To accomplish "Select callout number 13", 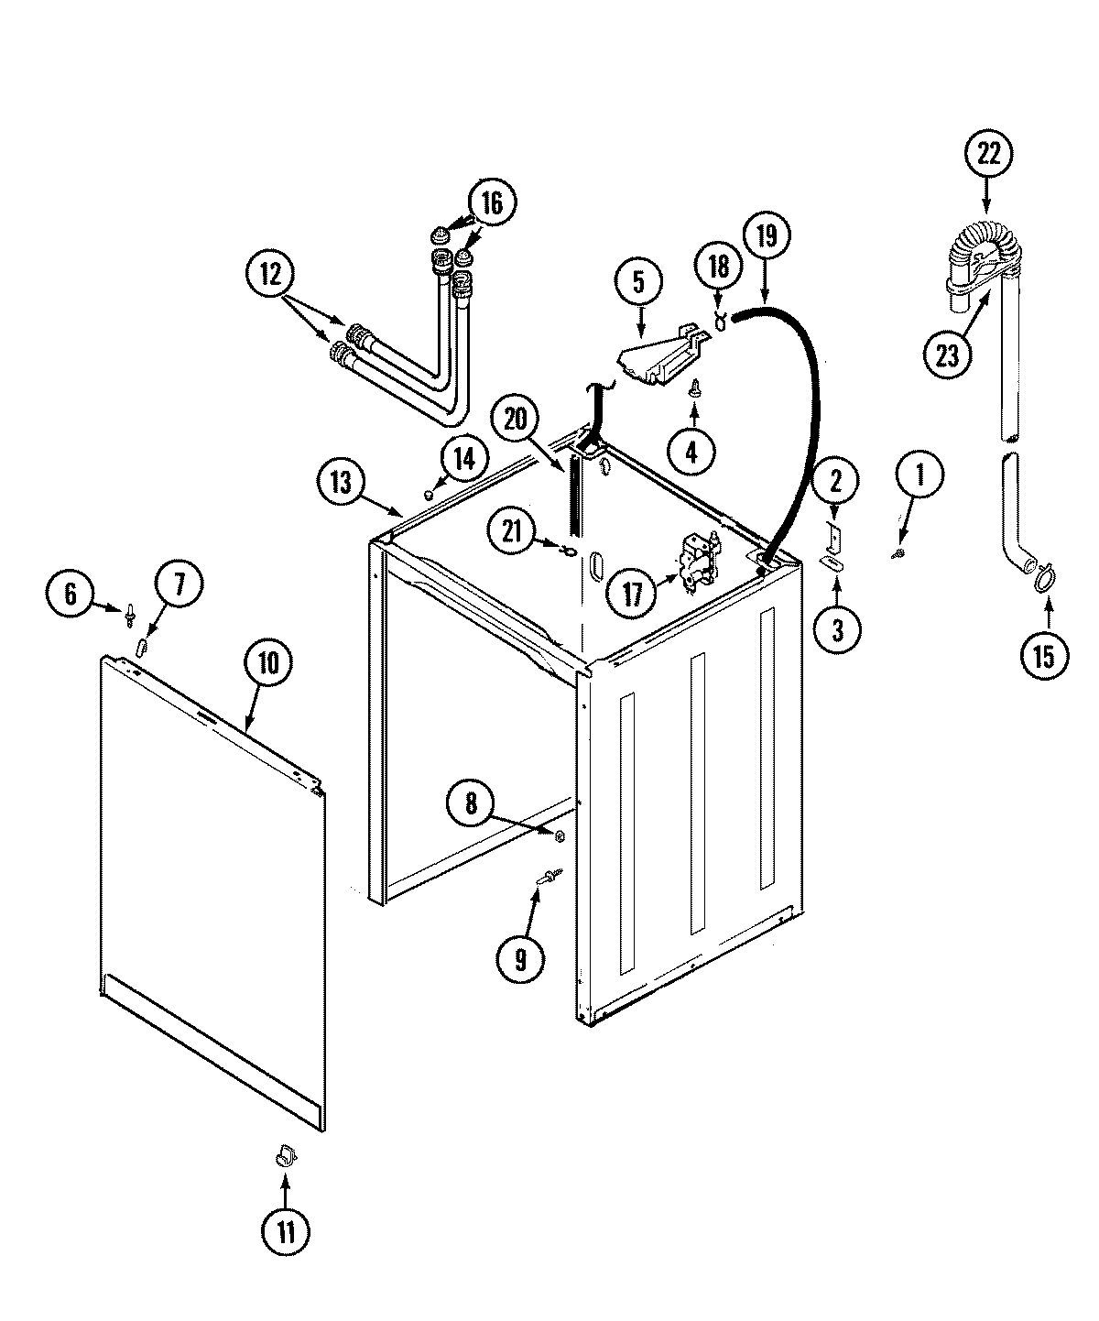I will coord(341,483).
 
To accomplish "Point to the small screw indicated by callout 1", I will coord(898,553).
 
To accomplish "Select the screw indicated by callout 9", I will coord(549,878).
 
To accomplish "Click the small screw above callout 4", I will coord(694,388).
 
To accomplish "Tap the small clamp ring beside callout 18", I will coord(721,320).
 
